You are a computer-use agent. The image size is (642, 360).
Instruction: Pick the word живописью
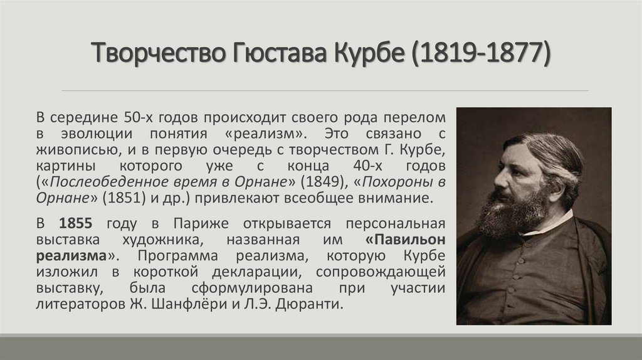(x=78, y=150)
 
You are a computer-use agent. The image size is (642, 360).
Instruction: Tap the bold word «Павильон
(x=405, y=240)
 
